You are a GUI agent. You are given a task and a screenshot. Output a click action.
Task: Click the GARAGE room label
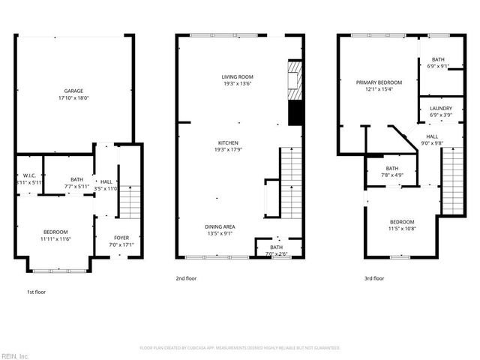coord(73,91)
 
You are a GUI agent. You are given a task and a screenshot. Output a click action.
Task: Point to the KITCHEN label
coord(228,142)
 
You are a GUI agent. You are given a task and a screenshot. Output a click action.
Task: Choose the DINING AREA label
coord(220,226)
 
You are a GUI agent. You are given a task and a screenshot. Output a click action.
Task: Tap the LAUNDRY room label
coord(440,109)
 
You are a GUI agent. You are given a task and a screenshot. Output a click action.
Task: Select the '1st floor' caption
coord(35,292)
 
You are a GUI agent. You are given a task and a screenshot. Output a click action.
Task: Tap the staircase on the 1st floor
coord(130,201)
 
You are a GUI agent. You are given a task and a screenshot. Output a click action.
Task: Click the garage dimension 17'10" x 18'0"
coord(73,98)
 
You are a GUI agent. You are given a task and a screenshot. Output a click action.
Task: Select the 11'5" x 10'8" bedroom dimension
coord(401,229)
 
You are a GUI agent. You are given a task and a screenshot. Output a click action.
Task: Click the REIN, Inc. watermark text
coord(15,355)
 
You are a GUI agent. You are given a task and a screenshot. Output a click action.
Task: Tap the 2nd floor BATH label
coord(276,247)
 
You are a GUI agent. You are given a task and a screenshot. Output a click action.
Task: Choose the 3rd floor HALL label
coord(432,136)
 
